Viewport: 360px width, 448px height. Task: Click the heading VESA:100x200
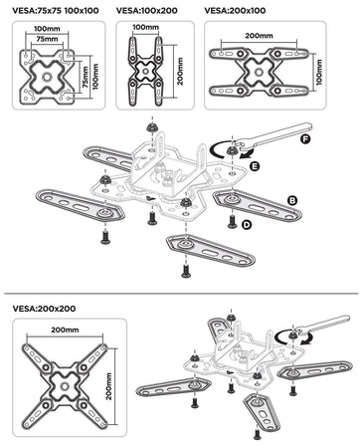coord(147,11)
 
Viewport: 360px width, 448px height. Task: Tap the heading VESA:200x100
coord(235,11)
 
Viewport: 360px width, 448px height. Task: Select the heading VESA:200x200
coord(44,309)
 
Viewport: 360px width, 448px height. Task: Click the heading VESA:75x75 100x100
coord(56,11)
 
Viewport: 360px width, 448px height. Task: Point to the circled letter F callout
coord(305,138)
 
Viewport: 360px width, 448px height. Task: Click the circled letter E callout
coord(255,166)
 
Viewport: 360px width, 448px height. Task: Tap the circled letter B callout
coord(292,200)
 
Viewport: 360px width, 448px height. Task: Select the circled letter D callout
coord(247,225)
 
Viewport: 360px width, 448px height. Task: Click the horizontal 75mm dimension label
coord(47,39)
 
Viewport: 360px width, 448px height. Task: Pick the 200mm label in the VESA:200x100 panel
coord(260,36)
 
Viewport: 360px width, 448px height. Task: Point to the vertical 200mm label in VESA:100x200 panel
coord(180,72)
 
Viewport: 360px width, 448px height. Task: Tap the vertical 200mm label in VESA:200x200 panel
coord(109,386)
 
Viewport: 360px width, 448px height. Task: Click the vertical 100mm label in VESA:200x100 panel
coord(319,72)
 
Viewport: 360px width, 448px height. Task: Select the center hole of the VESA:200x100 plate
coord(259,72)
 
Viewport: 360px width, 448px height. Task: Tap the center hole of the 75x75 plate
coord(47,77)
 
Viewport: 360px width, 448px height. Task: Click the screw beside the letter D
coord(232,221)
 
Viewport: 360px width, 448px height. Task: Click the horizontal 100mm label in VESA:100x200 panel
coord(146,27)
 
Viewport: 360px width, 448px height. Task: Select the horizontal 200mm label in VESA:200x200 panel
coord(65,331)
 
